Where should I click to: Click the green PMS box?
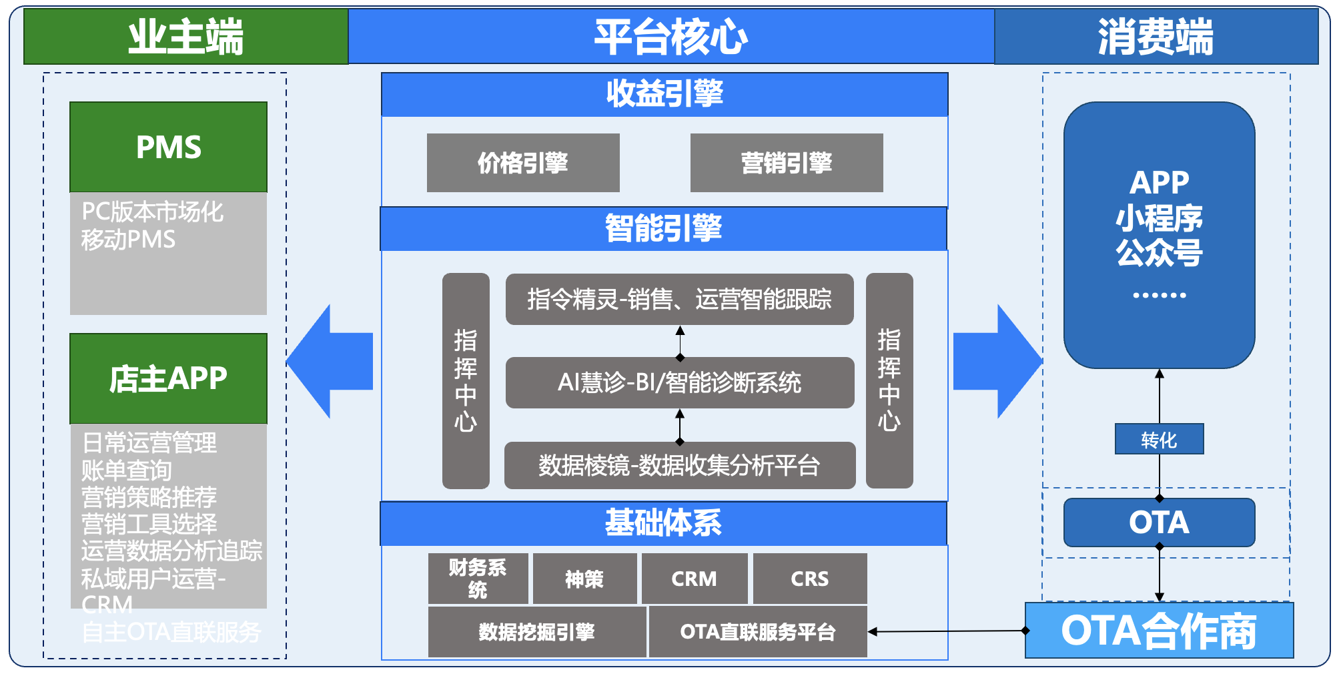coord(168,147)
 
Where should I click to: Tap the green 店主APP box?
coord(168,378)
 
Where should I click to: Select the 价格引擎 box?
coord(523,163)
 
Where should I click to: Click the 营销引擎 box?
coord(787,163)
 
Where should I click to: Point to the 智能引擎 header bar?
coord(663,229)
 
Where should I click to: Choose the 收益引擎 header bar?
coord(664,94)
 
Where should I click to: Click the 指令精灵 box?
coord(679,299)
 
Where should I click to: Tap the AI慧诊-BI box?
coord(679,382)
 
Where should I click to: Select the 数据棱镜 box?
coord(679,465)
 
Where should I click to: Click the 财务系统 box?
coord(478,578)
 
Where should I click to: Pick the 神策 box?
coord(584,578)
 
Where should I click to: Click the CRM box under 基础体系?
coord(694,578)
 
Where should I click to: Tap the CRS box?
coord(809,578)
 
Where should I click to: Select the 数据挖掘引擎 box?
coord(536,631)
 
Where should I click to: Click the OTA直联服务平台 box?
coord(757,631)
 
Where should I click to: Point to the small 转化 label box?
coord(1159,439)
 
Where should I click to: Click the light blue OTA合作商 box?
coord(1159,631)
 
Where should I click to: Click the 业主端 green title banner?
coord(185,37)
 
